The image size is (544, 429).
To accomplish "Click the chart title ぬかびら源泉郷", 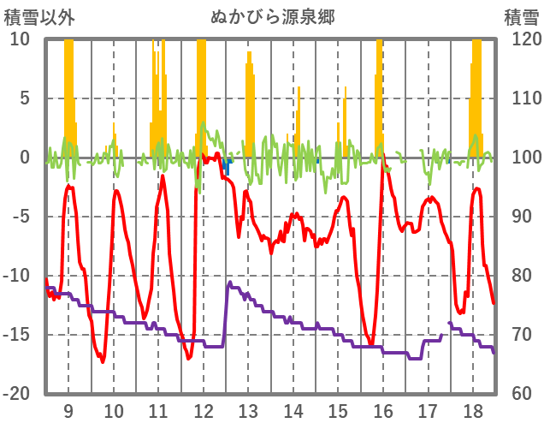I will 272,16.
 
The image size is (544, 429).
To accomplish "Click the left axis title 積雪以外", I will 39,16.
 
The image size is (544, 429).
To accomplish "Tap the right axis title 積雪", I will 521,16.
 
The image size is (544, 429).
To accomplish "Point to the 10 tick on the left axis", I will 20,39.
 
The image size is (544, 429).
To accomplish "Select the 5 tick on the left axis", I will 24,98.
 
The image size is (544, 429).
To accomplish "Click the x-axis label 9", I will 68,412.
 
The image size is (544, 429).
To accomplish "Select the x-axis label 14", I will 293,412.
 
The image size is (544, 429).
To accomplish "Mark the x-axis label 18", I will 473,412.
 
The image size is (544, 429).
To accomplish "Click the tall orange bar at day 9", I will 69,86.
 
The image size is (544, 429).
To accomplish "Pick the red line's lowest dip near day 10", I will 103,361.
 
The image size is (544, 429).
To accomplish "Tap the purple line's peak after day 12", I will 229,282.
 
